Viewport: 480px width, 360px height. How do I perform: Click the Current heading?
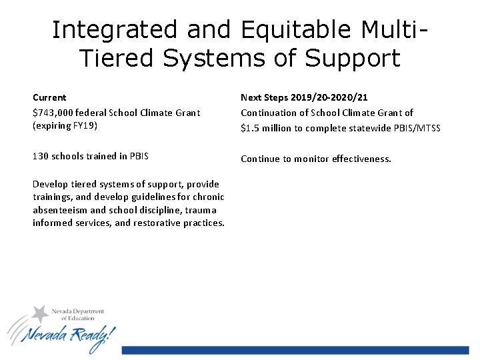click(49, 97)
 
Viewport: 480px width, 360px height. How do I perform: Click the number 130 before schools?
click(40, 156)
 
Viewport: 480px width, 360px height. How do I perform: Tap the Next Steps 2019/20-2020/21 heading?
click(304, 97)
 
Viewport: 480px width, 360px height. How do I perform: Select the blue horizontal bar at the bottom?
click(295, 350)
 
